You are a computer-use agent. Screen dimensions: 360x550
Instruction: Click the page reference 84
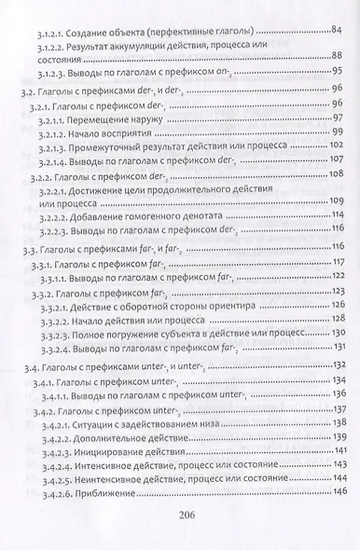(333, 30)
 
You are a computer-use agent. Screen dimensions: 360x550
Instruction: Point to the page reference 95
(335, 72)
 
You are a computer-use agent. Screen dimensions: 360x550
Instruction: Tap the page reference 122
(333, 277)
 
